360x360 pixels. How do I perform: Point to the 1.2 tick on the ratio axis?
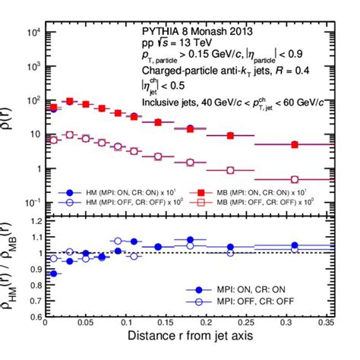(32, 221)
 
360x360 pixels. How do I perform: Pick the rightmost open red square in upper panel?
(295, 179)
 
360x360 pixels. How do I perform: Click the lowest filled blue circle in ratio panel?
(52, 273)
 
